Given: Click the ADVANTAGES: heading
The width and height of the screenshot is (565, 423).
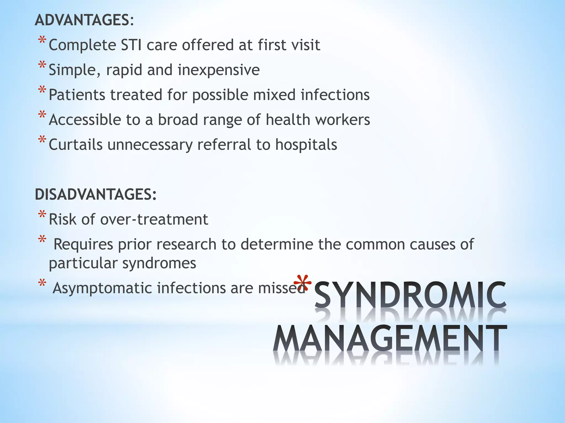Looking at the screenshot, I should (x=84, y=20).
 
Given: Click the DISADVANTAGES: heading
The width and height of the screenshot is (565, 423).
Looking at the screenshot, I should (x=95, y=194).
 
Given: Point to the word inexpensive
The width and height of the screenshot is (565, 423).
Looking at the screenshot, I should (x=218, y=70).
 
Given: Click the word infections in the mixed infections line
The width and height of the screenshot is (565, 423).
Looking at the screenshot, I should (x=335, y=95).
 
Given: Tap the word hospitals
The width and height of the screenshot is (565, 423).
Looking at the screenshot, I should (x=306, y=145).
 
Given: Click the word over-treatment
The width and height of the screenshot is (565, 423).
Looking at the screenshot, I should (x=154, y=219).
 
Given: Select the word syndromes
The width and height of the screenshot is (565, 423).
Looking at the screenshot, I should (x=159, y=263).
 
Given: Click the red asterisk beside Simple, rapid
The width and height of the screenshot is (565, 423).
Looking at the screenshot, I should (x=42, y=66).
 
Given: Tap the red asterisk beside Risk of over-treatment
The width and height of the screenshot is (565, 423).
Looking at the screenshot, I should (x=42, y=215).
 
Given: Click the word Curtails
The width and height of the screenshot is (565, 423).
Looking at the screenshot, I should (x=76, y=145).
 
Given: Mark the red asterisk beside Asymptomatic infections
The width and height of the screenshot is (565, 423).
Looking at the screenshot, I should (x=42, y=283).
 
